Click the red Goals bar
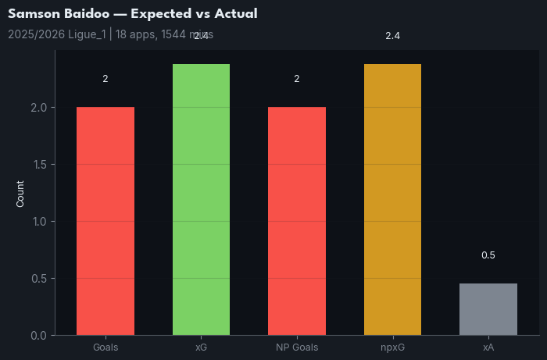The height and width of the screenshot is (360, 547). tap(105, 221)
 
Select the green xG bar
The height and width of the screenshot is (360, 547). tap(201, 199)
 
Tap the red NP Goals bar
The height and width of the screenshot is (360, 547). tap(297, 221)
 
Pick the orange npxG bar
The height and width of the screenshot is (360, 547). tap(392, 199)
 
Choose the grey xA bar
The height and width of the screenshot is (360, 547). tap(488, 309)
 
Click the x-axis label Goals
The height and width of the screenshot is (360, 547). tap(105, 347)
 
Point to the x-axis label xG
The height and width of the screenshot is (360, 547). tap(201, 347)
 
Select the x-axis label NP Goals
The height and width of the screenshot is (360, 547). tap(297, 347)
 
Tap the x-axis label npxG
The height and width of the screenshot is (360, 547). tap(392, 347)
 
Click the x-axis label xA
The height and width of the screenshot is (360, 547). tap(488, 347)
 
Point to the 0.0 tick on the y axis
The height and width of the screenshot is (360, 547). tap(38, 336)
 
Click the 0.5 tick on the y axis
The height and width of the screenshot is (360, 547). tap(38, 279)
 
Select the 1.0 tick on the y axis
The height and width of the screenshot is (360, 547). tap(38, 222)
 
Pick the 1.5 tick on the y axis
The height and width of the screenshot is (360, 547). tap(38, 165)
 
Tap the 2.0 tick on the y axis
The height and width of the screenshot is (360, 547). tap(38, 108)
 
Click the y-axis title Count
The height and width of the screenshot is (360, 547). tap(20, 193)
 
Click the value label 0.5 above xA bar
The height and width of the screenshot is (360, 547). tap(488, 255)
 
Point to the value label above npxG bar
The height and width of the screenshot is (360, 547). tap(392, 36)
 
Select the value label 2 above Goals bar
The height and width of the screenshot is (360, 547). tap(105, 79)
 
